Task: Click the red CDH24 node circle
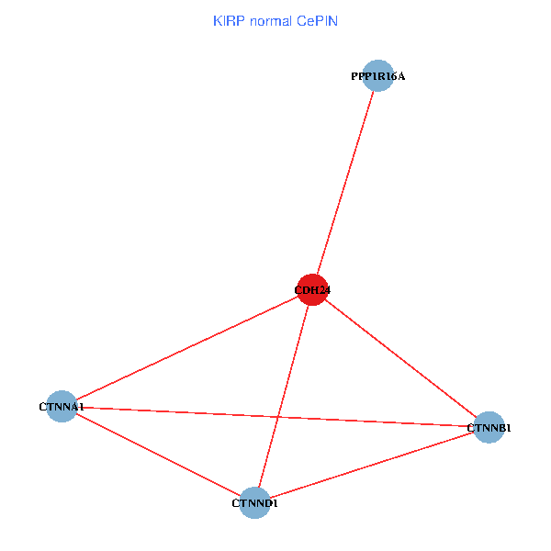[x=312, y=289]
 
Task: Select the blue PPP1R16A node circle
[x=377, y=76]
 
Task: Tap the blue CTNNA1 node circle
[x=62, y=406]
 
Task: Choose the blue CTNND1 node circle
[x=254, y=502]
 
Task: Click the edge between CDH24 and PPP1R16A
[x=345, y=182]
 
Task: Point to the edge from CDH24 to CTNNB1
[x=400, y=358]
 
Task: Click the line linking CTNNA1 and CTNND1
[x=158, y=455]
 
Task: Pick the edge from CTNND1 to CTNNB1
[x=372, y=465]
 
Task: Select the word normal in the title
[x=268, y=20]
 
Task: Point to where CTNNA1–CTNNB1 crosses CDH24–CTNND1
[x=279, y=417]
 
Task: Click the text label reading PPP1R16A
[x=377, y=76]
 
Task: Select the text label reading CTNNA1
[x=62, y=406]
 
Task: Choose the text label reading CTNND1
[x=254, y=503]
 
